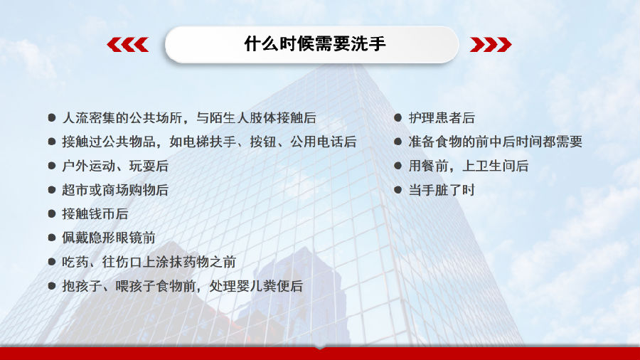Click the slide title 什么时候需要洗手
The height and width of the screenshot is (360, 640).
tap(315, 43)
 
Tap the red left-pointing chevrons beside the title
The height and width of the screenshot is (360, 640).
tap(128, 45)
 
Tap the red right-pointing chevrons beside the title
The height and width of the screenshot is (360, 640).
tap(491, 45)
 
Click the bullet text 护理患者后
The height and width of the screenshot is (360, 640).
tap(442, 118)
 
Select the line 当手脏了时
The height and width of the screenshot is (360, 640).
tap(442, 190)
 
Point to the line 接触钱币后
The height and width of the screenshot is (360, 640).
tap(95, 214)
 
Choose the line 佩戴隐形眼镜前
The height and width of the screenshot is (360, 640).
tap(109, 238)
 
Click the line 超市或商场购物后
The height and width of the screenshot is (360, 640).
tap(115, 190)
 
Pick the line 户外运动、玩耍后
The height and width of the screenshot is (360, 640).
tap(115, 166)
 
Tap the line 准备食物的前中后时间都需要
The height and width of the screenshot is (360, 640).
tap(495, 142)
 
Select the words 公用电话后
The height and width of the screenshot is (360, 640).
tap(324, 142)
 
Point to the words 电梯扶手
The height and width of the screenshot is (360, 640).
tap(209, 142)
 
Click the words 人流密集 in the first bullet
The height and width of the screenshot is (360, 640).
tap(89, 118)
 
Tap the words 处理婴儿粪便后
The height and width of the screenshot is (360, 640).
tap(256, 286)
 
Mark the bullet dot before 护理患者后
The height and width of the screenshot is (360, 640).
tap(398, 118)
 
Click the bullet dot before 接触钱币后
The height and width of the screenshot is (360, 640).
tap(51, 214)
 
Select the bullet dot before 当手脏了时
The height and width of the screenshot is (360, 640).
tap(398, 190)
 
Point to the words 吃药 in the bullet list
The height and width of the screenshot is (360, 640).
tap(75, 262)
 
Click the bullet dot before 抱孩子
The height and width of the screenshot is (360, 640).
tap(51, 286)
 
